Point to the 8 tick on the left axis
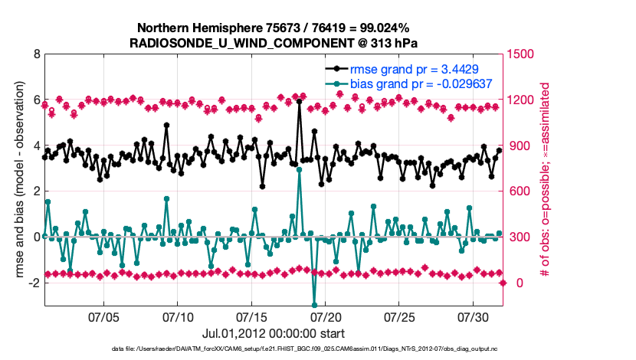coord(36,55)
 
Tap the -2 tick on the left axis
coord(34,283)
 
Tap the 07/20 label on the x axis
coord(326,316)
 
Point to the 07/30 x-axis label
coord(474,316)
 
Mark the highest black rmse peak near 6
coord(299,101)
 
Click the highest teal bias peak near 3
coord(299,169)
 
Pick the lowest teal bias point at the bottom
coord(314,306)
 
